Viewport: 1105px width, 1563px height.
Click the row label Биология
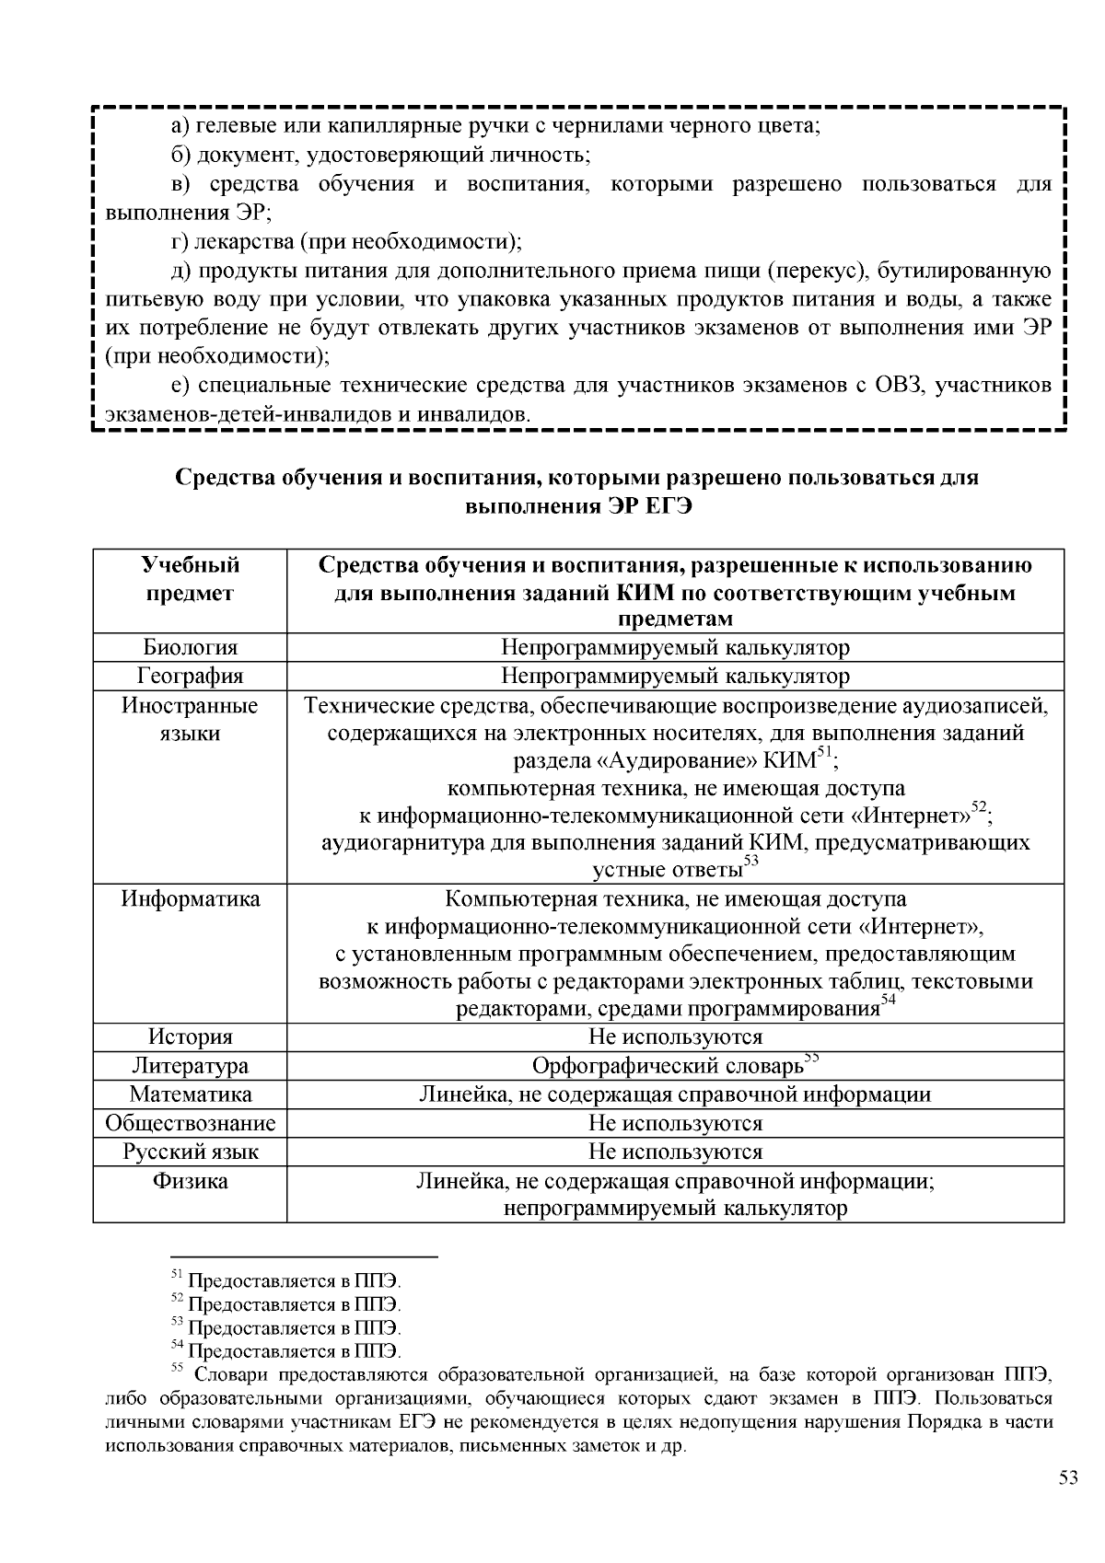190,647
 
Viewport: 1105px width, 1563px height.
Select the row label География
190,676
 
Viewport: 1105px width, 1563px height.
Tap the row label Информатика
190,898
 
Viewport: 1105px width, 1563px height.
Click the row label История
190,1037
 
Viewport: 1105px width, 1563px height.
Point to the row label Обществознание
190,1123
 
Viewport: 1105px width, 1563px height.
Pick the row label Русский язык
190,1152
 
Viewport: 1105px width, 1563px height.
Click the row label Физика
190,1181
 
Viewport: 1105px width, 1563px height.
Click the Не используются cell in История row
675,1037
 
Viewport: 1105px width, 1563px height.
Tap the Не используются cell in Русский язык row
675,1152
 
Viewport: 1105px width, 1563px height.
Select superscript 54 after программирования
888,1001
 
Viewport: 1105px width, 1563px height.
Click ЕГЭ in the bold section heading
663,506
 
